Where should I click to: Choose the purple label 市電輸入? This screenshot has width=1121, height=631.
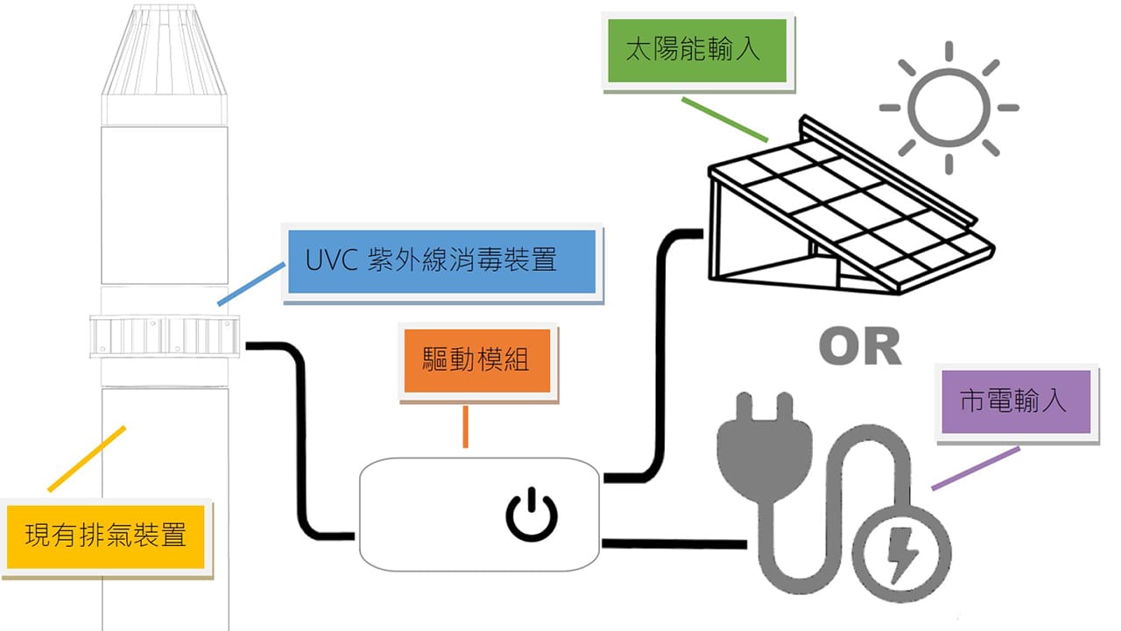coord(1013,401)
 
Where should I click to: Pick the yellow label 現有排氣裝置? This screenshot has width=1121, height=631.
coord(105,535)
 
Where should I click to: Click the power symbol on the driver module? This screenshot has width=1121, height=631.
coord(531,515)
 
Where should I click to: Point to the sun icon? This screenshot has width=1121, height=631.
coord(949,107)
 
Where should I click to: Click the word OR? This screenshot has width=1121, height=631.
coord(860,347)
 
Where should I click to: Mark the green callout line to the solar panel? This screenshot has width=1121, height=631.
coord(724,118)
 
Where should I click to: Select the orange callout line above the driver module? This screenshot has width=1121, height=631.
coord(465,427)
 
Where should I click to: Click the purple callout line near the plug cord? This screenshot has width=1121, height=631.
coord(975,468)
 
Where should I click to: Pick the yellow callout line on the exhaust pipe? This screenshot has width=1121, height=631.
coord(87,458)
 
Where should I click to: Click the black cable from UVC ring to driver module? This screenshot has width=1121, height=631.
coord(303,438)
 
